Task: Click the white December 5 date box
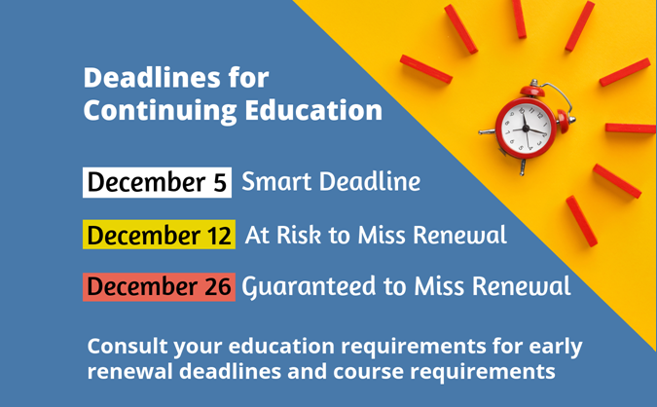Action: pos(157,182)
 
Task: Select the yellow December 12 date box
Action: pos(159,235)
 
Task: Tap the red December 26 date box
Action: pos(159,286)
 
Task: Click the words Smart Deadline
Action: pos(331,181)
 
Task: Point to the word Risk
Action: pos(299,235)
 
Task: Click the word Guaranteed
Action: pos(309,287)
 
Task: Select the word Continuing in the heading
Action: pos(160,111)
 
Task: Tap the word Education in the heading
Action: pos(313,110)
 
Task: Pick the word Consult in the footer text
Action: pos(128,347)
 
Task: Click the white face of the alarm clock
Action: pos(526,128)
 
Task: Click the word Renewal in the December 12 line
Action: pos(460,235)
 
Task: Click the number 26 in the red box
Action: pos(217,286)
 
